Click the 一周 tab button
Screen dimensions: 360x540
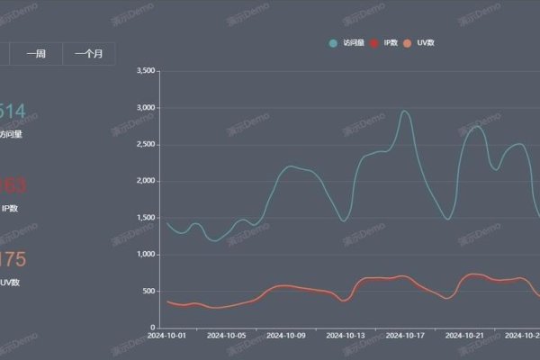tap(36, 54)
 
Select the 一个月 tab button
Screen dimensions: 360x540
tap(88, 54)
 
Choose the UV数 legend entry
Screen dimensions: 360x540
tap(422, 42)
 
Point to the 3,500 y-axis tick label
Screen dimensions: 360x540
tap(144, 70)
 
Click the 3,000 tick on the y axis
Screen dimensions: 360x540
tap(144, 107)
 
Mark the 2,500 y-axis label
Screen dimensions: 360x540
tap(144, 144)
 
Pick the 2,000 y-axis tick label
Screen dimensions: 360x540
tap(144, 181)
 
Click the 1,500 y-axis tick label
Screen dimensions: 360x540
tap(144, 218)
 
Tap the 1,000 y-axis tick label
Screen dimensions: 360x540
tap(144, 255)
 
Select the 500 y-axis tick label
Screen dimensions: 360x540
tap(149, 292)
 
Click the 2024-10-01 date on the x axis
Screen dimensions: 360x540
tap(168, 336)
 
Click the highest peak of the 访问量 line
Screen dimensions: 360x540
tap(405, 111)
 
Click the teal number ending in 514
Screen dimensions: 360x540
tap(12, 112)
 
